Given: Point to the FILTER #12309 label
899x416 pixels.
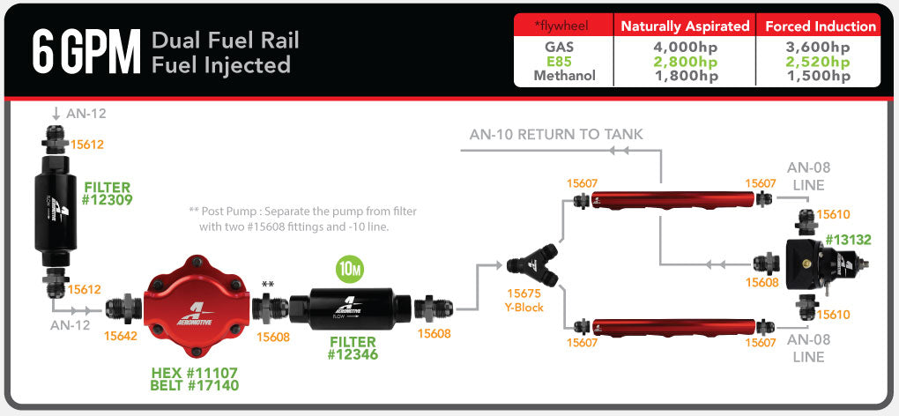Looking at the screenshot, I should (108, 194).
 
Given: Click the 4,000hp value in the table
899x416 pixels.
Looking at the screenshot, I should (686, 48).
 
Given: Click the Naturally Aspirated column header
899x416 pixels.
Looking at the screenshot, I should (685, 26).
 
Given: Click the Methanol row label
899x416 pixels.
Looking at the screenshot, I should (565, 76).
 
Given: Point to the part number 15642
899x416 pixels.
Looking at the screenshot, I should (122, 335).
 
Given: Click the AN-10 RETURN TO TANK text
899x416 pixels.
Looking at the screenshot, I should (556, 135).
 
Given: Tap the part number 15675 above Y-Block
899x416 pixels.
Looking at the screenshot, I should (525, 294).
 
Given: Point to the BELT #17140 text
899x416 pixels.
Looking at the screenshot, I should (195, 384).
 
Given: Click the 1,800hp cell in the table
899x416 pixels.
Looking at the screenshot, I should (686, 76).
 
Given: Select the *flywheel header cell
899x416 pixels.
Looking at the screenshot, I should (562, 26).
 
